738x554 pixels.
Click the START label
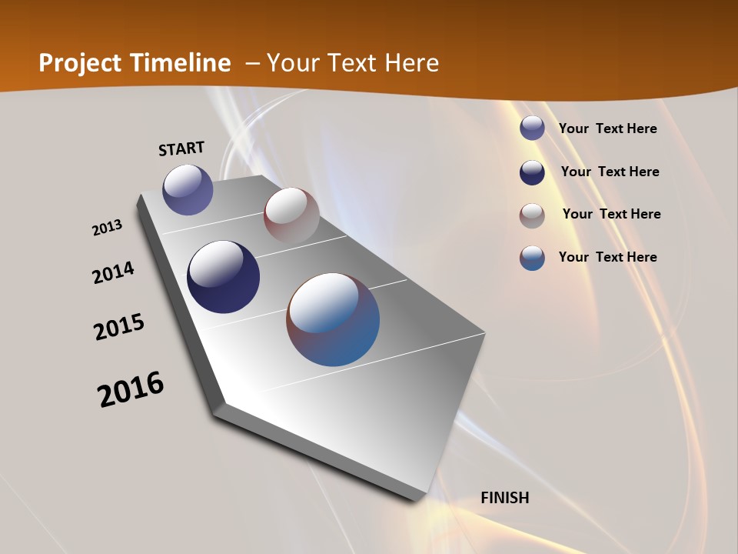point(181,148)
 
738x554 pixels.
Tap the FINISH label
point(505,498)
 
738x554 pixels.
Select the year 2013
point(107,227)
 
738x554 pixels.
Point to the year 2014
point(113,272)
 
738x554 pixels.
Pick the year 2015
point(119,327)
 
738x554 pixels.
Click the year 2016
point(131,389)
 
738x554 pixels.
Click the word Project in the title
point(79,63)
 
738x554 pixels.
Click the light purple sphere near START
point(188,189)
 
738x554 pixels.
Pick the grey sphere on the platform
point(291,215)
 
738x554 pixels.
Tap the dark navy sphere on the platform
point(223,277)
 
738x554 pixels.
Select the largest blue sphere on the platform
point(333,319)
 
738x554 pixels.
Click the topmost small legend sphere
point(532,128)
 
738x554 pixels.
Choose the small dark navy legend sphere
point(532,172)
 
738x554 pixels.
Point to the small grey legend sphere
point(532,215)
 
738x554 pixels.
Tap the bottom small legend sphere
point(532,258)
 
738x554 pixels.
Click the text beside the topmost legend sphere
point(607,128)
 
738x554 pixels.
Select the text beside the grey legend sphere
point(611,214)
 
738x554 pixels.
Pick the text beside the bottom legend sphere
point(607,257)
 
